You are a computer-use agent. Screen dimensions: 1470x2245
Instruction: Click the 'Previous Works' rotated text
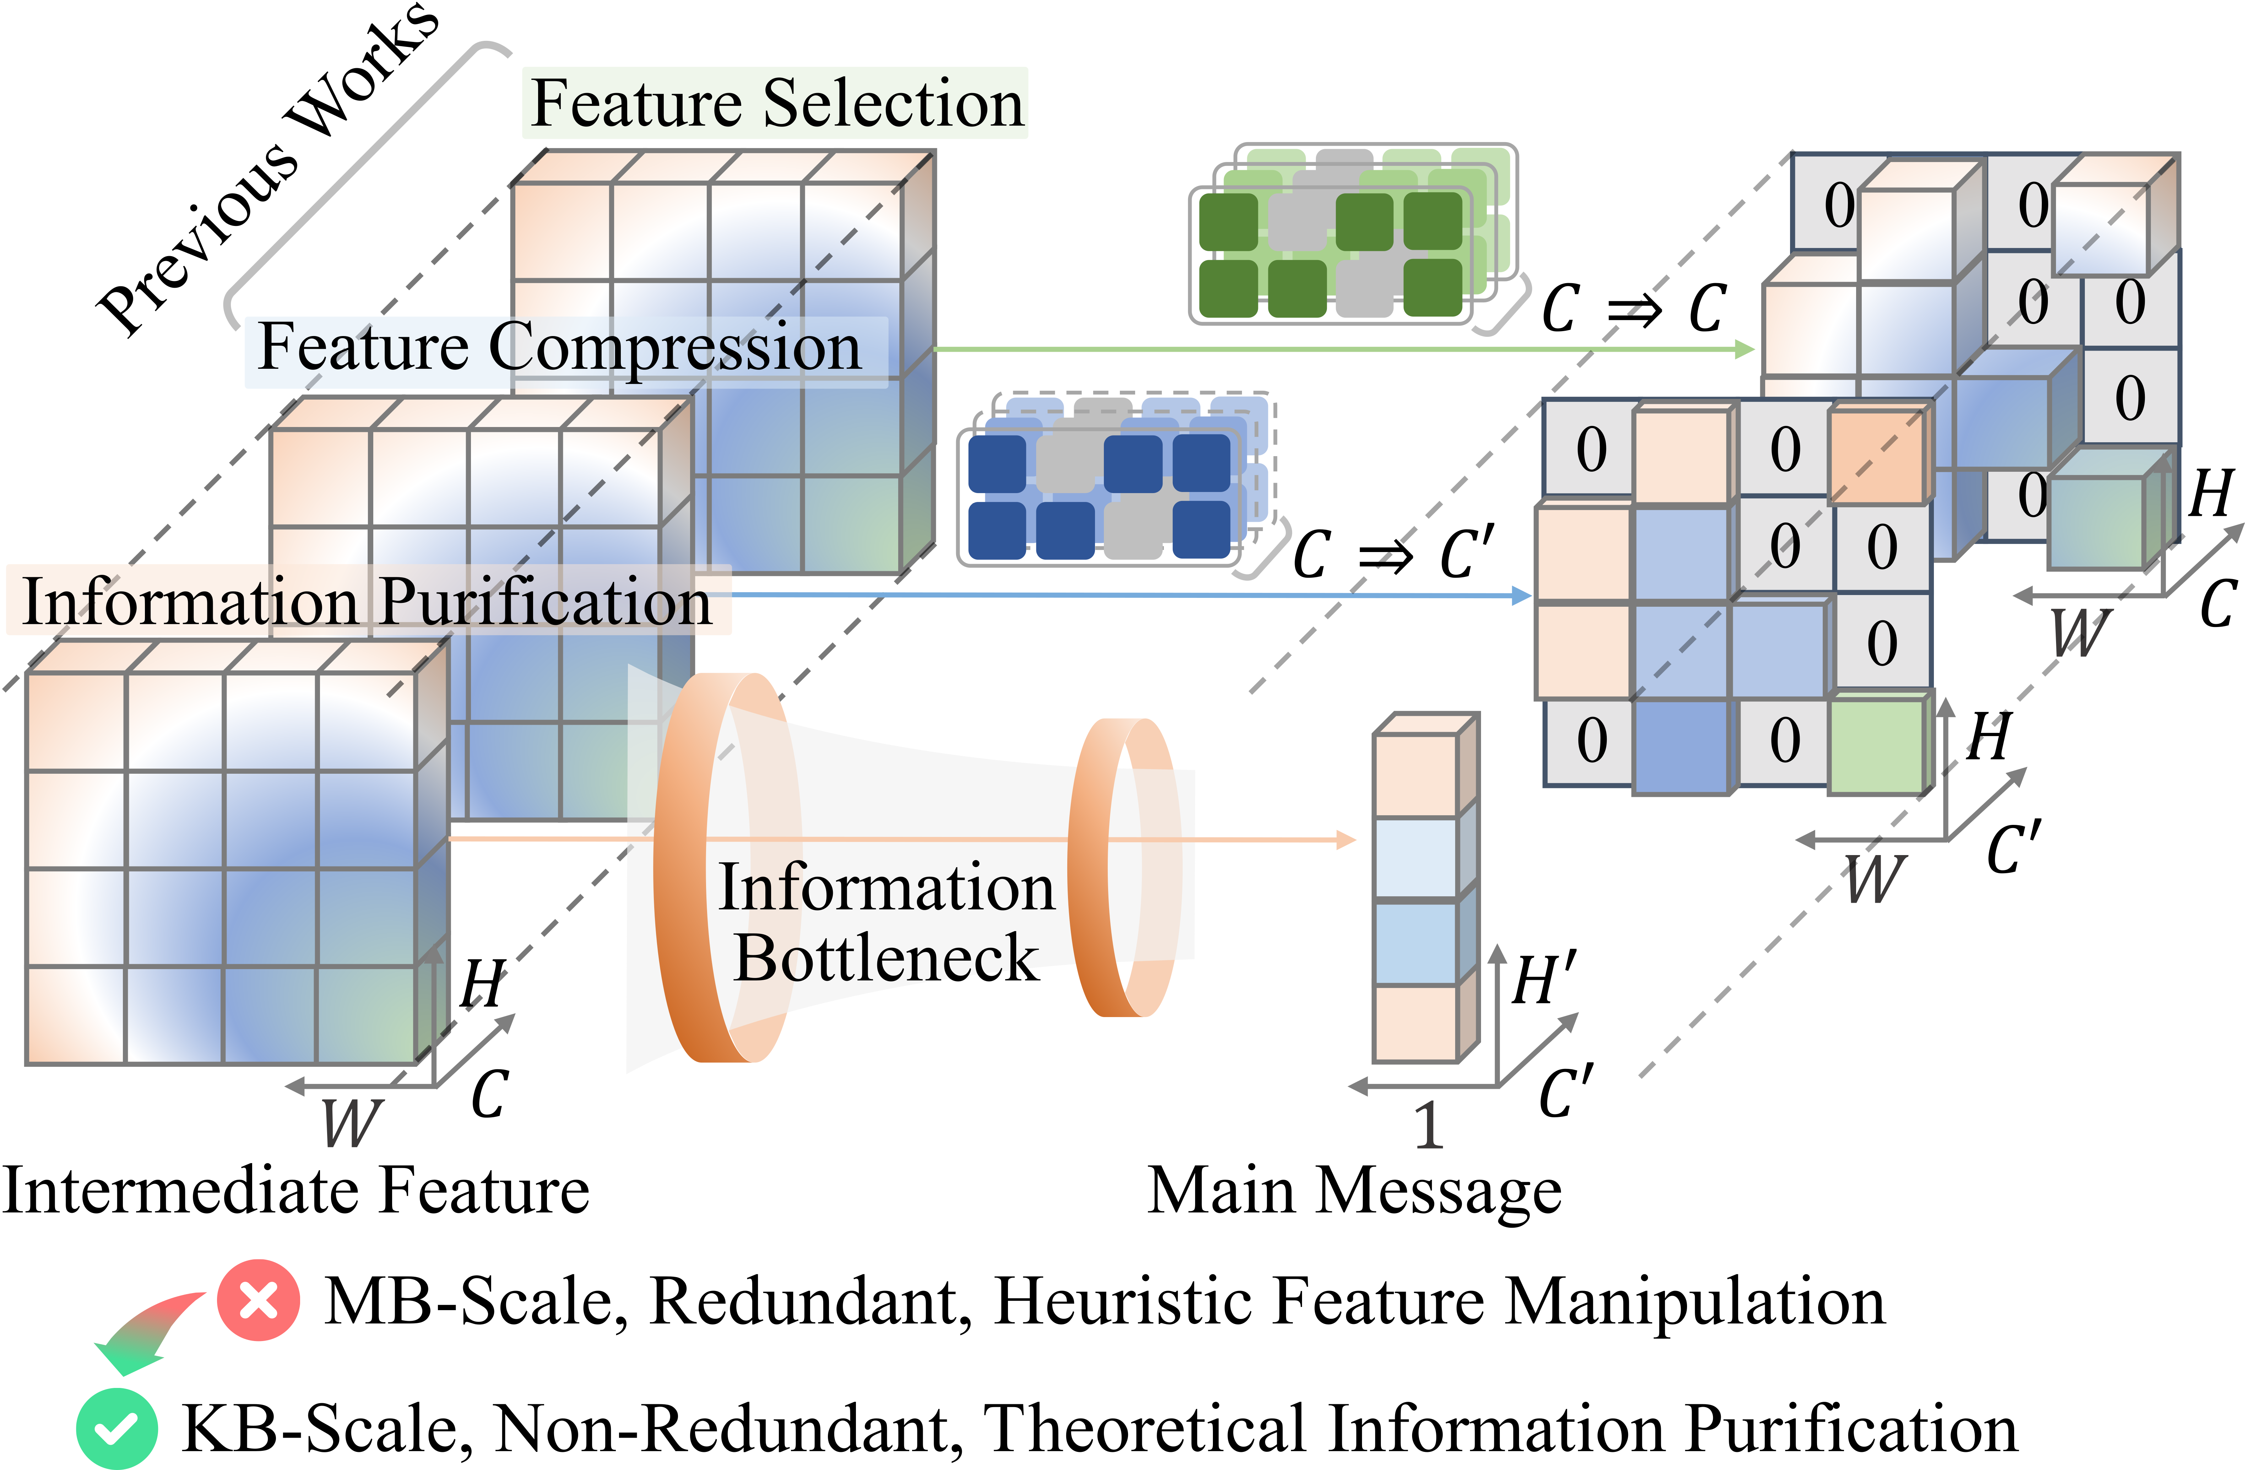tap(269, 170)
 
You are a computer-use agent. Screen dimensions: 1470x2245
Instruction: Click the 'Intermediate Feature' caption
tap(295, 1191)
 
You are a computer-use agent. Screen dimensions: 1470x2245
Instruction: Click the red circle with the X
tap(257, 1300)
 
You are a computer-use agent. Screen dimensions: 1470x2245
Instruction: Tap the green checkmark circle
tap(117, 1427)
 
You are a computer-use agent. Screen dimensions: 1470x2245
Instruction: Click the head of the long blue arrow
tap(1520, 595)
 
